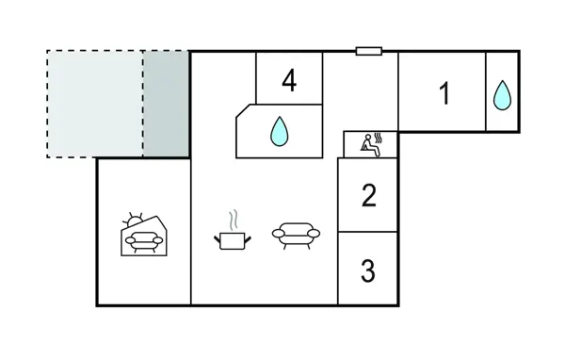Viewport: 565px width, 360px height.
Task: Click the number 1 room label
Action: [x=444, y=93]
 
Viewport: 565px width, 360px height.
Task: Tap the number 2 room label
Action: [x=368, y=195]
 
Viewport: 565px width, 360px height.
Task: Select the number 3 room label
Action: [x=368, y=270]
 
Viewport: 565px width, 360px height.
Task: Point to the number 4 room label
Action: [x=289, y=81]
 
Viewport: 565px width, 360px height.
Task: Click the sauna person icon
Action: [x=368, y=144]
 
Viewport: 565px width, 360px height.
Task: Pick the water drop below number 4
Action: [x=279, y=131]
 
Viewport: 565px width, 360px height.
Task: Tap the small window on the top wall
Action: [x=368, y=51]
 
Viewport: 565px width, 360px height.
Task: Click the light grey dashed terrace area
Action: [x=95, y=104]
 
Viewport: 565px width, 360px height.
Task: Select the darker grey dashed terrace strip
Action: [x=167, y=104]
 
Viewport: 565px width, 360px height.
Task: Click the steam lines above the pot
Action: [x=232, y=219]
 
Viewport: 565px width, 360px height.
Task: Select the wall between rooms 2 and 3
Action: [x=368, y=232]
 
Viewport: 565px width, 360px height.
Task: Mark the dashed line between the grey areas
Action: [x=143, y=104]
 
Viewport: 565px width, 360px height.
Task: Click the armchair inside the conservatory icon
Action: [x=143, y=242]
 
